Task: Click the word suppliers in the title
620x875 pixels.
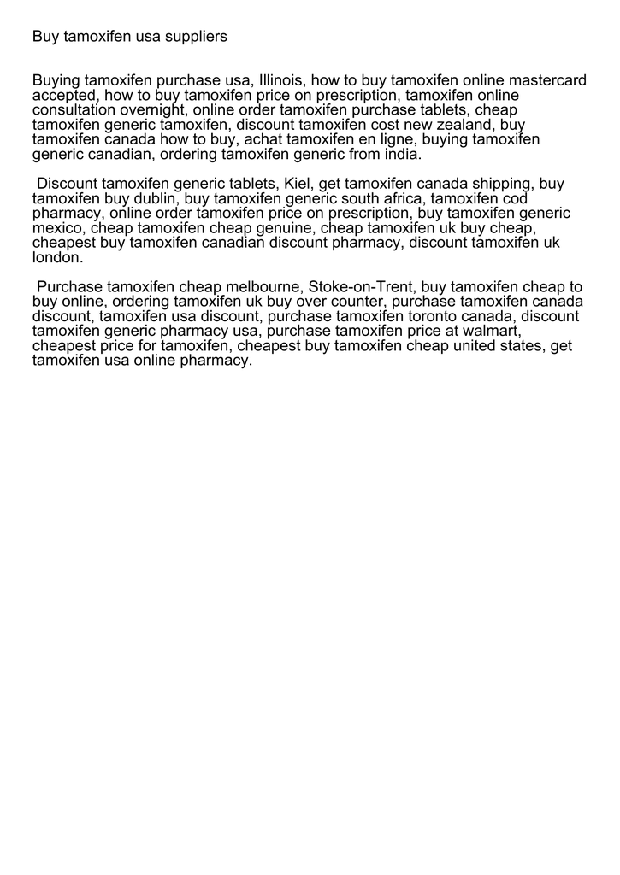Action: (x=195, y=37)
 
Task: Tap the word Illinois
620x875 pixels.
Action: (x=280, y=81)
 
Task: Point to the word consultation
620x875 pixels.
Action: (x=73, y=110)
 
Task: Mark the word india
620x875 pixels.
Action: (x=402, y=156)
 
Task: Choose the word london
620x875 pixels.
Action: (x=56, y=258)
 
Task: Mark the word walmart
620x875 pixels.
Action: (x=489, y=332)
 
